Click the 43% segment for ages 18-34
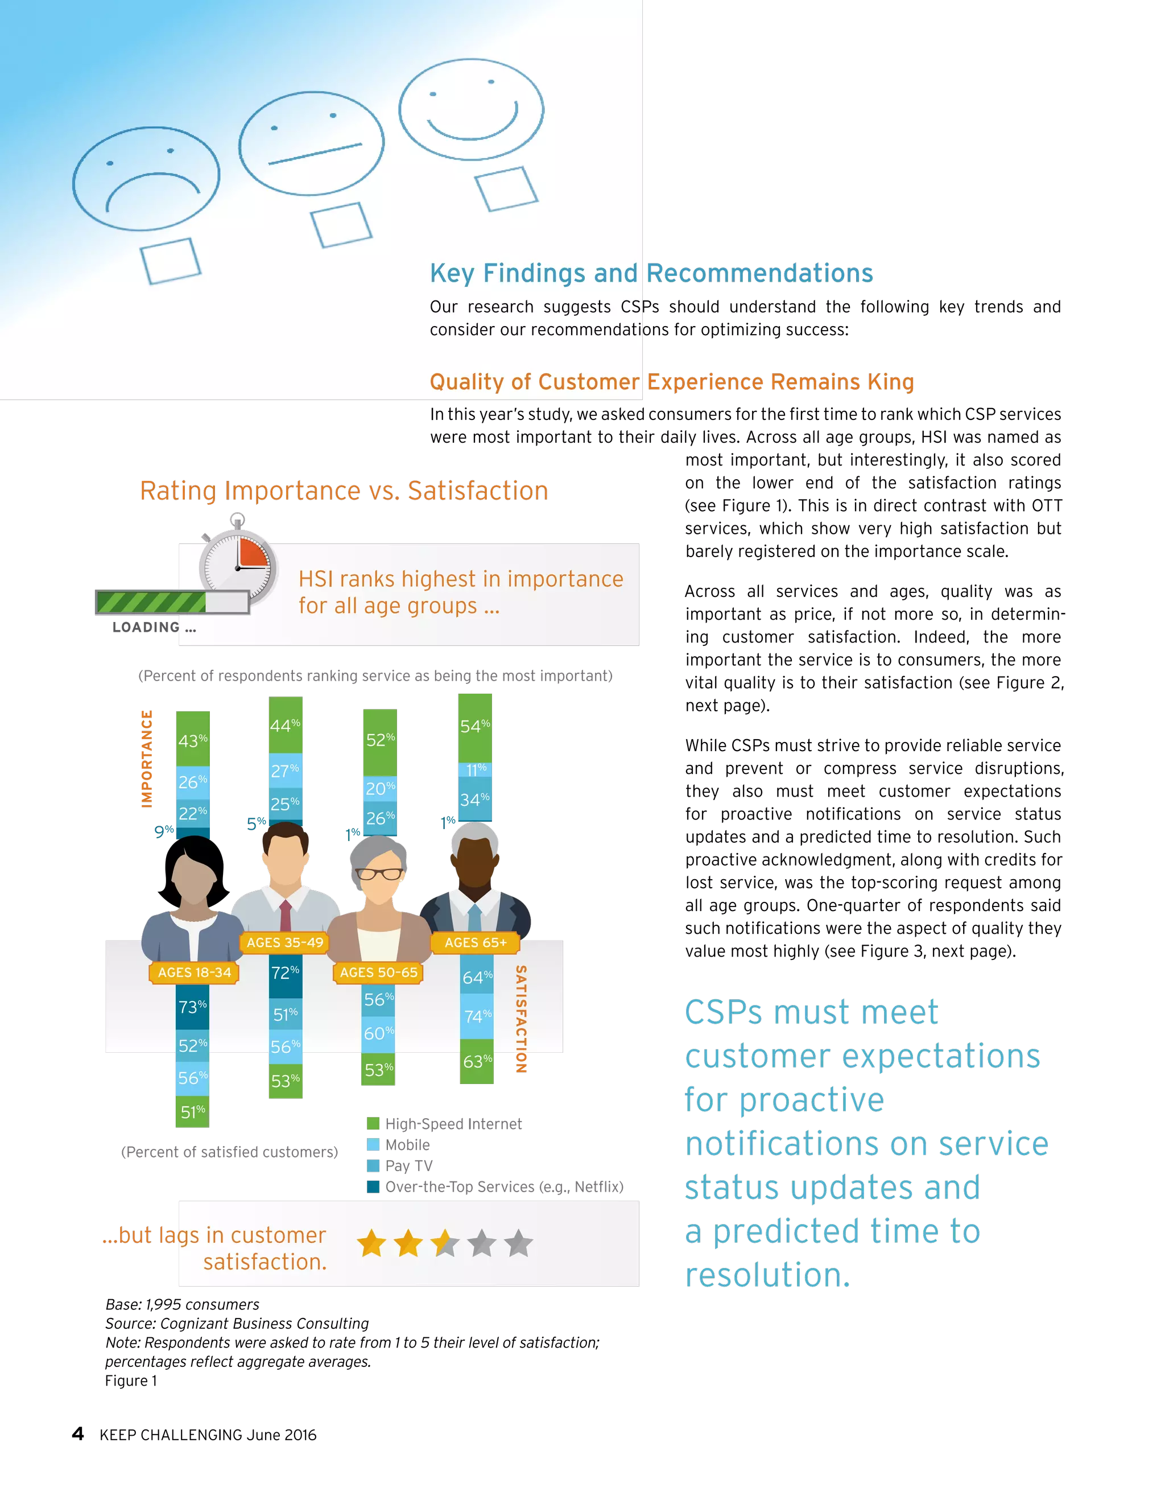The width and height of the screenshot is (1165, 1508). point(193,740)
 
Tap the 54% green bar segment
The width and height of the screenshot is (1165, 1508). point(475,726)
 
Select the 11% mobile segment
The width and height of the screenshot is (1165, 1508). point(476,770)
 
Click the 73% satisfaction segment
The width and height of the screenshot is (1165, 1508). point(193,1007)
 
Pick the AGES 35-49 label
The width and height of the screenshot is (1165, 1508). point(284,942)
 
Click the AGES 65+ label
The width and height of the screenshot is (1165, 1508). point(476,942)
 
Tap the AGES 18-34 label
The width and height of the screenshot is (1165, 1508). point(194,972)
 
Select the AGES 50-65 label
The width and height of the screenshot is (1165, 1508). point(378,972)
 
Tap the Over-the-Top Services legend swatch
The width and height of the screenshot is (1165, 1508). point(373,1187)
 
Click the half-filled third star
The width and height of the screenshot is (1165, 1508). point(445,1243)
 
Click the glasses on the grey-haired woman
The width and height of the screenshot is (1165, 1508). point(379,874)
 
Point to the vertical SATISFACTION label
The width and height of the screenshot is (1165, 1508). point(521,1019)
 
